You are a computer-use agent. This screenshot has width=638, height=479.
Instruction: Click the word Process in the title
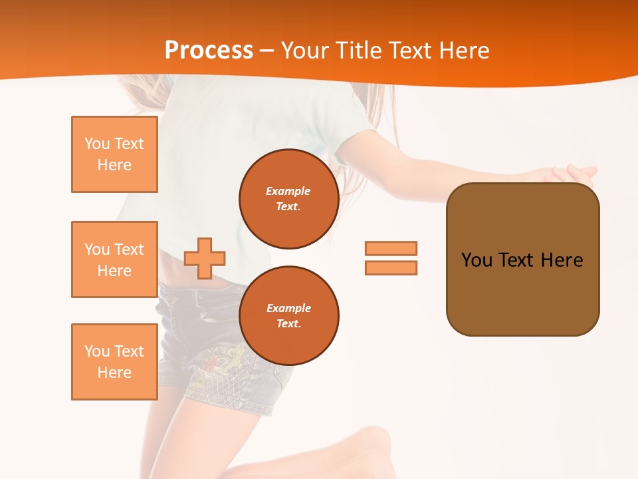click(209, 51)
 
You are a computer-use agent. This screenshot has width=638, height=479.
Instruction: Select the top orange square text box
click(114, 154)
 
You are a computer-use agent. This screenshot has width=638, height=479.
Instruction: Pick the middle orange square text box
click(114, 259)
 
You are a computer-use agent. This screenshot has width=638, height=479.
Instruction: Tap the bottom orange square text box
click(114, 362)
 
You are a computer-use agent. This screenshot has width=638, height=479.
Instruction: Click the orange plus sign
click(205, 258)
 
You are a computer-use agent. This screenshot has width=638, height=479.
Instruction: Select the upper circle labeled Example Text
click(288, 199)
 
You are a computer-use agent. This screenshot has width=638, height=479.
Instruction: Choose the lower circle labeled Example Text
click(288, 316)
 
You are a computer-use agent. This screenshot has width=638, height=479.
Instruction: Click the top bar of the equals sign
click(391, 248)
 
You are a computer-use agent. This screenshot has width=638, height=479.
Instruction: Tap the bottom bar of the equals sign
click(391, 267)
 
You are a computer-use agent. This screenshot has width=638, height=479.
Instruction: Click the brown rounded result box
click(522, 259)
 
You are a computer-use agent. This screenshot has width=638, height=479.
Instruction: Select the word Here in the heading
click(463, 51)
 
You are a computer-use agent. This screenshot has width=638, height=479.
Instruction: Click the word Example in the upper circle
click(288, 191)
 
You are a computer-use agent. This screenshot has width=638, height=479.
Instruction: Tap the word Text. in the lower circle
click(288, 324)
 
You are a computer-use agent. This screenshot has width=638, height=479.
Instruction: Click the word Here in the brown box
click(562, 260)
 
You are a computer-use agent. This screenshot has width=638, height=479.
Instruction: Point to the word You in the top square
click(97, 144)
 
